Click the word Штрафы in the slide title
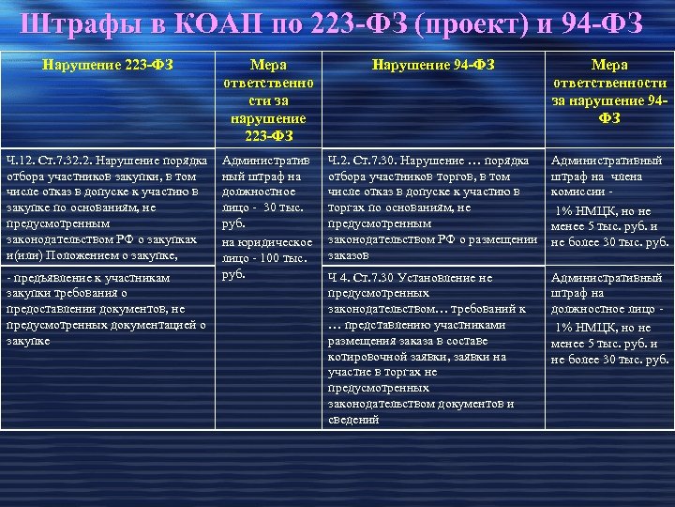click(x=71, y=24)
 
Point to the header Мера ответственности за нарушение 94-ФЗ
click(x=610, y=92)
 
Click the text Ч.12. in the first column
click(x=20, y=161)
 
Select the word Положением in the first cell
click(x=95, y=255)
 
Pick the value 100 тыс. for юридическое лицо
click(x=283, y=258)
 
